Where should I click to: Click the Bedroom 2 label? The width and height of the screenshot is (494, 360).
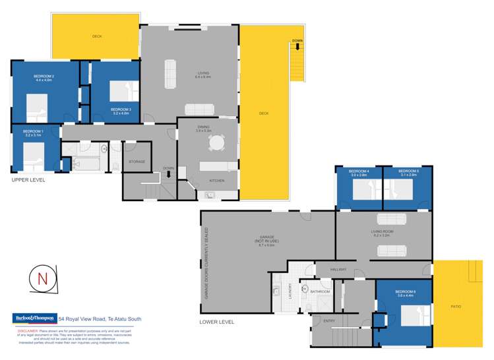tap(44, 78)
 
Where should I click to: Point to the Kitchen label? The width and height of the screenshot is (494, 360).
tap(217, 180)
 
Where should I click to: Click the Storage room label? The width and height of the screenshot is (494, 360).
tap(137, 162)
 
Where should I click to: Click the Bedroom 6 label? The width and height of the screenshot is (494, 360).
tap(404, 293)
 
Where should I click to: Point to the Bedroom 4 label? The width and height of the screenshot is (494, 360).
tap(359, 173)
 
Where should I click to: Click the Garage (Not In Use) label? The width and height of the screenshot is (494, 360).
tap(267, 240)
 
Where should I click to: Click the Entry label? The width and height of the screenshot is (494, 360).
tap(329, 321)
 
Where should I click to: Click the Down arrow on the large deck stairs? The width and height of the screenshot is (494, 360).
tap(297, 46)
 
